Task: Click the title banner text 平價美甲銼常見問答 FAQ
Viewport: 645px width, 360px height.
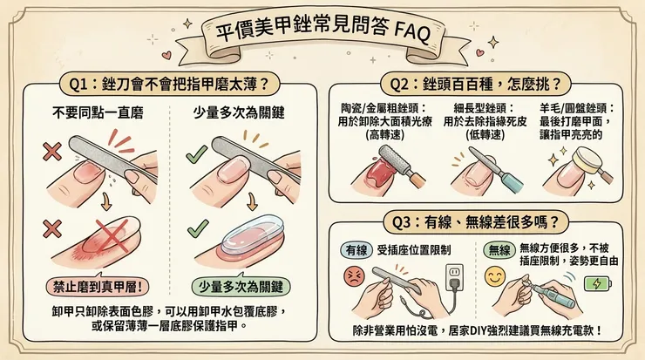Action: tap(322, 33)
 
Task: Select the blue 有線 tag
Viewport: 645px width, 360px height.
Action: tap(357, 251)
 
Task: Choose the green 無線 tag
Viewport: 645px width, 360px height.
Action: tap(498, 251)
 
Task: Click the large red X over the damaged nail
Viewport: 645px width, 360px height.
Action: tap(109, 237)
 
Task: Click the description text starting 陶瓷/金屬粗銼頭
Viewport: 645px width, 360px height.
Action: tap(385, 122)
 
